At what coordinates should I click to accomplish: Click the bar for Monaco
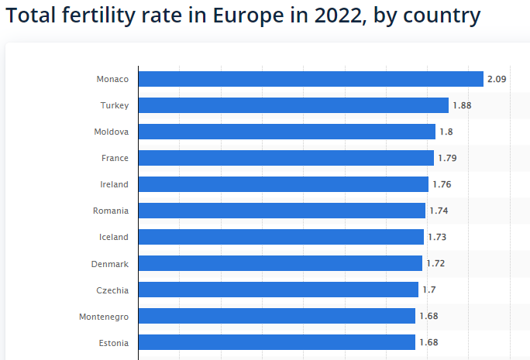(311, 79)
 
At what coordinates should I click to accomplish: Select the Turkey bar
(294, 105)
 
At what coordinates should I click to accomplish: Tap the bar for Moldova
(287, 132)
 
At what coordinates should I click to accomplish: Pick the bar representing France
(286, 158)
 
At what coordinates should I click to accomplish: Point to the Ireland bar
(284, 184)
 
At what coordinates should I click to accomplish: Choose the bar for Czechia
(278, 290)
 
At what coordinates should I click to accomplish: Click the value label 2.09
(497, 79)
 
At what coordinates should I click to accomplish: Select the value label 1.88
(462, 105)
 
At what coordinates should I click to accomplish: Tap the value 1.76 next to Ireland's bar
(442, 184)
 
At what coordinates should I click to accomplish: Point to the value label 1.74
(439, 211)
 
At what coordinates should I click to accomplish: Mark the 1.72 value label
(435, 263)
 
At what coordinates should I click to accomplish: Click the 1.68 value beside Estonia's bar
(428, 342)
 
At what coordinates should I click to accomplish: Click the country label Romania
(111, 211)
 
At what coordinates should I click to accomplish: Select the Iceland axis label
(113, 237)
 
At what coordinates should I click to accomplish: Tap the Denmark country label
(110, 263)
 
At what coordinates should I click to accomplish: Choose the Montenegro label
(104, 316)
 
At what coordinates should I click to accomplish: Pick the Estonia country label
(113, 342)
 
